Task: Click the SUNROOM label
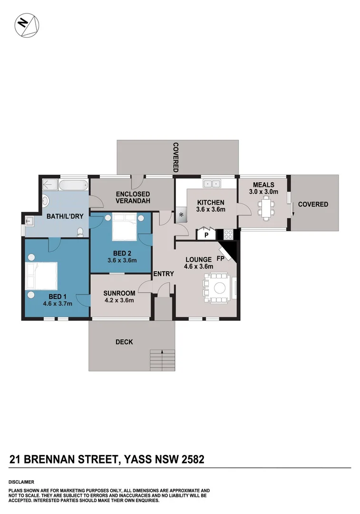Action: coord(119,293)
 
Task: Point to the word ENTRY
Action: coord(164,274)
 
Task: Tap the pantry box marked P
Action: coord(206,235)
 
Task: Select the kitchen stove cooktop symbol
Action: coord(228,234)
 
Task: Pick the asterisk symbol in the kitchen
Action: coord(182,215)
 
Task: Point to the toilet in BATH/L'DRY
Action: coord(80,232)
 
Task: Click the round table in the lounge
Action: coord(220,287)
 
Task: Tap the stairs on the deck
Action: coord(162,360)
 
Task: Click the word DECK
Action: coord(124,342)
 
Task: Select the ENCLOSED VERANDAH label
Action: coord(133,198)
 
